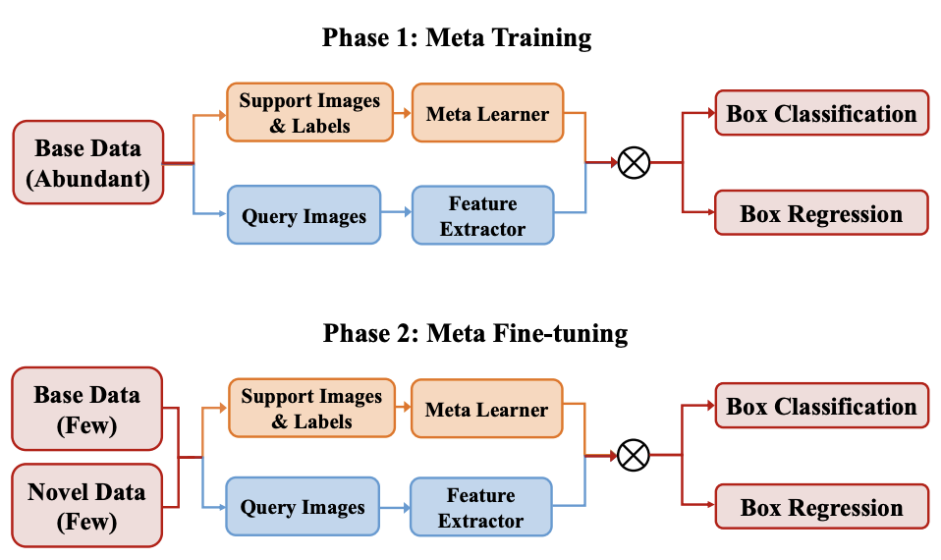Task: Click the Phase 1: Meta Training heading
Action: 457,37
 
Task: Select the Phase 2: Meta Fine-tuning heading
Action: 475,333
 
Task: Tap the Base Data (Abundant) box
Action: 88,163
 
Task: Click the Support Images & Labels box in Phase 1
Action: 309,113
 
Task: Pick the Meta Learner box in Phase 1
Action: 487,113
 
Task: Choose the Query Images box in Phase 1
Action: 304,215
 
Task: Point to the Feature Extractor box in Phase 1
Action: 482,215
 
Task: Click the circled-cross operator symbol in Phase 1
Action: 634,163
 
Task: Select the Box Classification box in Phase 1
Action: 821,113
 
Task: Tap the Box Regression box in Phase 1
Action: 821,213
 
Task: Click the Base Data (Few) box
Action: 87,410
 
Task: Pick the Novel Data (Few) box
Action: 87,505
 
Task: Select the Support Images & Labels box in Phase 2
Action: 311,408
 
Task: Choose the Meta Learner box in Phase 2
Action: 486,409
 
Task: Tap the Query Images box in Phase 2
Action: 303,507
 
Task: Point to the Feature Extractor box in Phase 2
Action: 480,507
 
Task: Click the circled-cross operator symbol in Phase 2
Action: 634,456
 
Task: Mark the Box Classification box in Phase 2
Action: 821,406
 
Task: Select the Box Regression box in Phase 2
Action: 821,507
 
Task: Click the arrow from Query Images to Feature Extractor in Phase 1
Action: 397,212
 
